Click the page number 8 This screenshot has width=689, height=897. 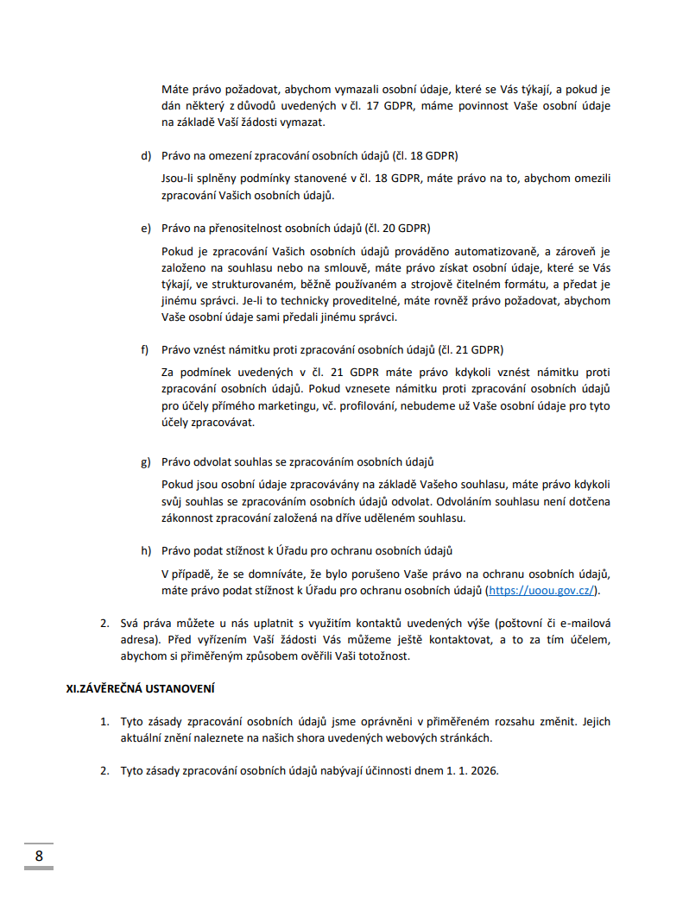coord(39,856)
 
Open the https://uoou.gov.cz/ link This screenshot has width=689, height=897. coord(541,591)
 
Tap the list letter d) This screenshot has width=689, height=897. coord(146,156)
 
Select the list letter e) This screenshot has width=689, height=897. coord(146,229)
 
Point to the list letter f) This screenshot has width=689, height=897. coord(146,349)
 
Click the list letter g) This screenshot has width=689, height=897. coord(146,461)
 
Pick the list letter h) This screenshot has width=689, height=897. coord(146,550)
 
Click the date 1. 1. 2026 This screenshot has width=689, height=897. coord(471,770)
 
